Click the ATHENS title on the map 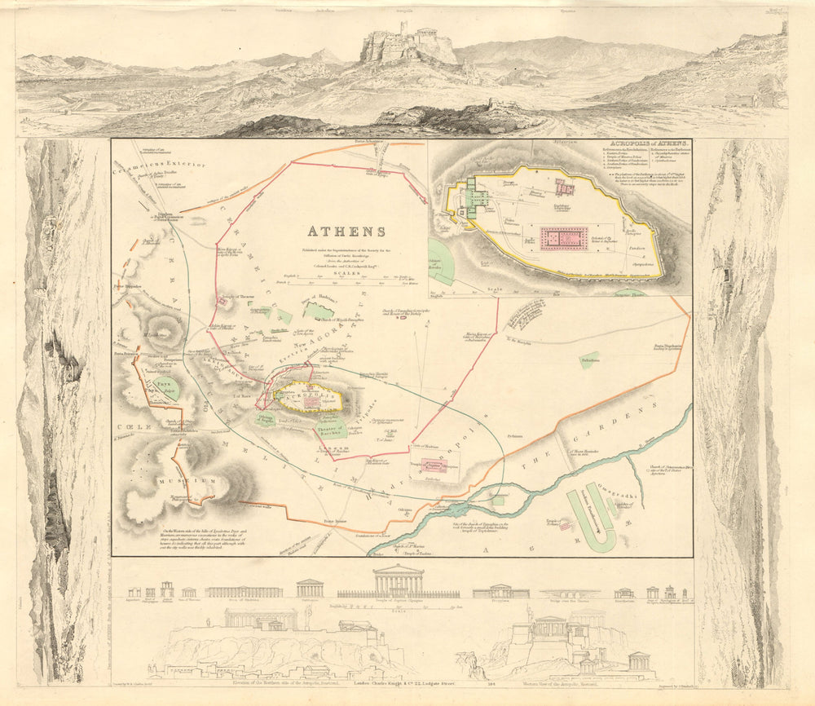pyautogui.click(x=346, y=231)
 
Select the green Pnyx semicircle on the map pyautogui.click(x=165, y=386)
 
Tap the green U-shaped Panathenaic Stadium pyautogui.click(x=595, y=520)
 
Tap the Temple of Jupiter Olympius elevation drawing pyautogui.click(x=398, y=582)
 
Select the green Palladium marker pyautogui.click(x=589, y=360)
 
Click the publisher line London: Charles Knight pyautogui.click(x=392, y=674)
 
